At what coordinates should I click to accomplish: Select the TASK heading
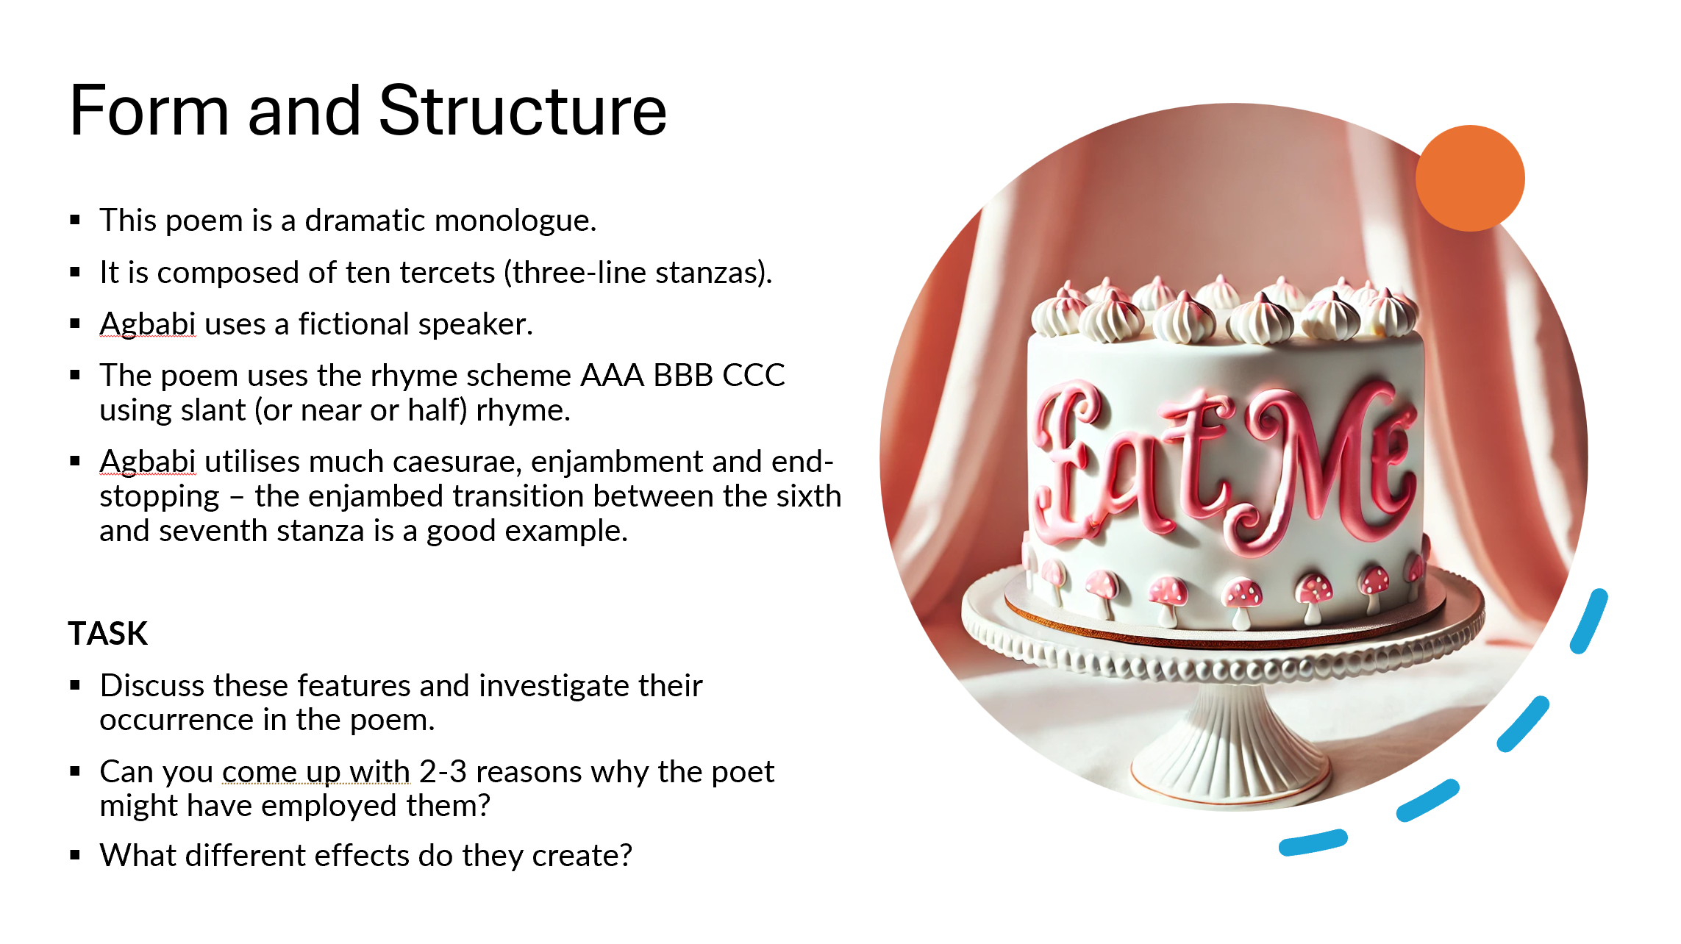(x=108, y=633)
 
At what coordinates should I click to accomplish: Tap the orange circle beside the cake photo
(x=1470, y=179)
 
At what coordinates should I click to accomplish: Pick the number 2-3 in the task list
(x=443, y=772)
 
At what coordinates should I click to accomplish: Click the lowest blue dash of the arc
(x=1313, y=843)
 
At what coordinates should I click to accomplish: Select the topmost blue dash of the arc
(x=1589, y=621)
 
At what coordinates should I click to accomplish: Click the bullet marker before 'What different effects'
(x=75, y=855)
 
